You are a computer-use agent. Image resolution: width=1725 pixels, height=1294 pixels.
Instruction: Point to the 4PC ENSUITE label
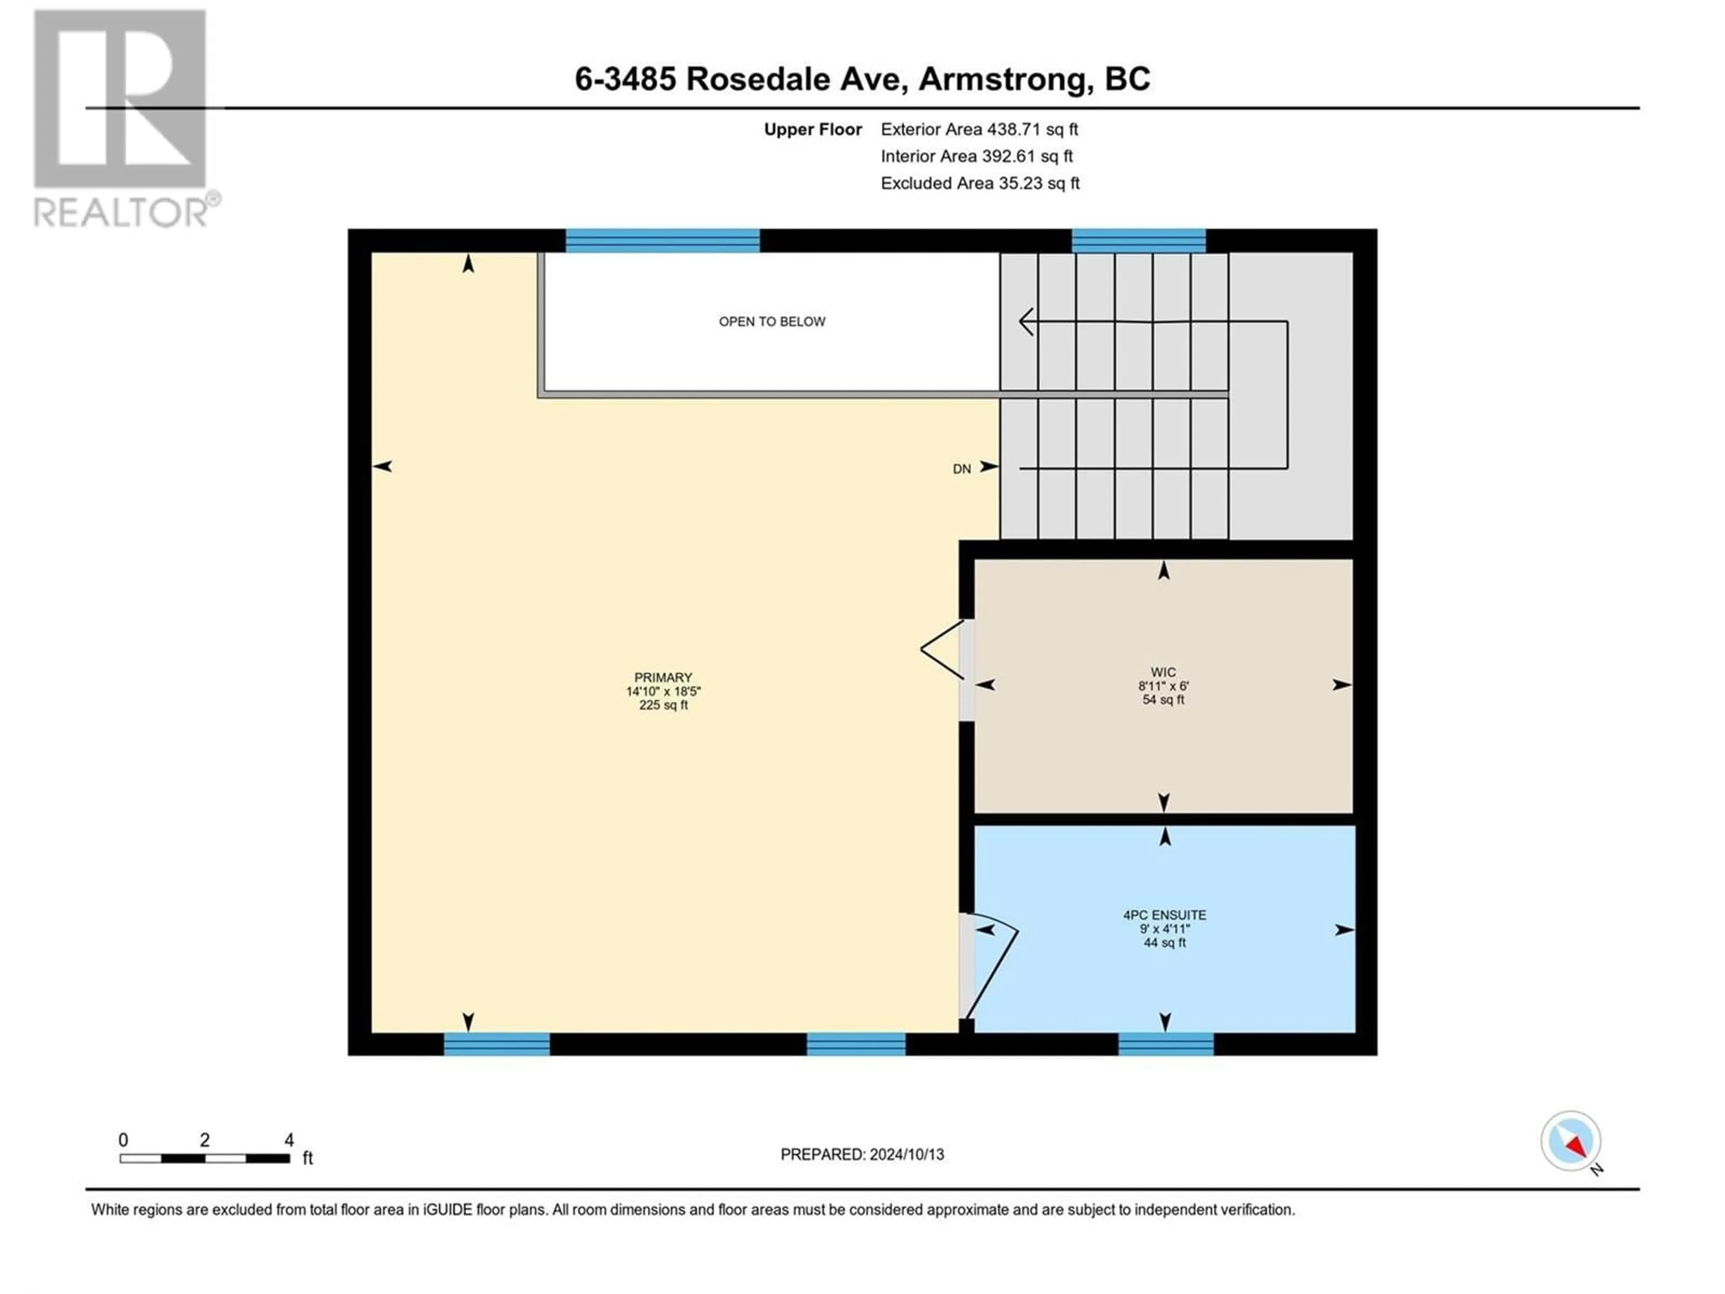tap(1164, 915)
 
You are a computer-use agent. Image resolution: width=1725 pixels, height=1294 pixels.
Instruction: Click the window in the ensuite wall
tap(1166, 1044)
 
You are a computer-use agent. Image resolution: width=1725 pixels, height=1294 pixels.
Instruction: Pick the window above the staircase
tap(1139, 240)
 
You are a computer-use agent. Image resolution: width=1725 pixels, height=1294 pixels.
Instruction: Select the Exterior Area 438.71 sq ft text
tap(979, 129)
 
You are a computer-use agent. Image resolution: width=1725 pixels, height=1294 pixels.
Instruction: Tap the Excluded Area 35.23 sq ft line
tap(980, 183)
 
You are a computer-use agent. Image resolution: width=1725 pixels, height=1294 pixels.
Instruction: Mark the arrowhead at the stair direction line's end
tap(1027, 321)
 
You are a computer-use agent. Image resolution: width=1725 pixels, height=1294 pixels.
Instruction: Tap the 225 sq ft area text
tap(663, 705)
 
